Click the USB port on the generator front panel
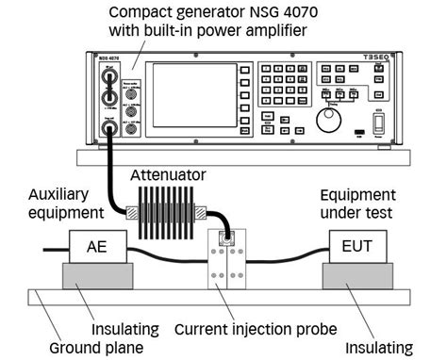pos(357,131)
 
